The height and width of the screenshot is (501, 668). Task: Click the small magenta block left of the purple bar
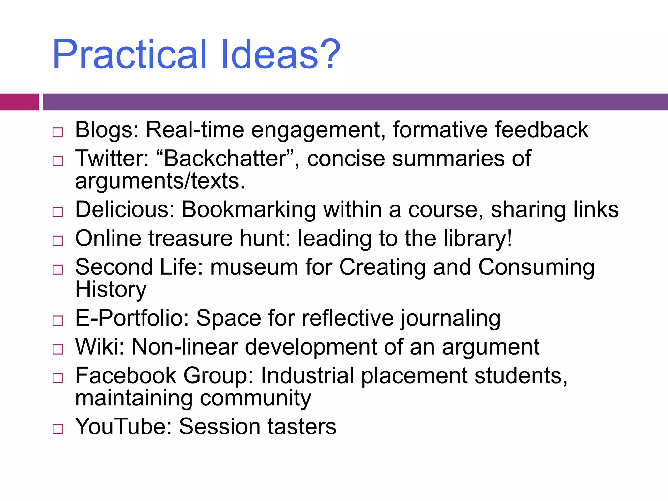click(x=19, y=102)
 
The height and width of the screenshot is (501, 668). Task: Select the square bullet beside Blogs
click(x=58, y=132)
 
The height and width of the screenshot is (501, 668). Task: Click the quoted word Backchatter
click(x=225, y=159)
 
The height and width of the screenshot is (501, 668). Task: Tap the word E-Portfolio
click(x=132, y=318)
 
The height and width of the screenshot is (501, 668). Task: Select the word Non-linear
click(x=184, y=347)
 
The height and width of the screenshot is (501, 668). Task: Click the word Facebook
click(x=126, y=376)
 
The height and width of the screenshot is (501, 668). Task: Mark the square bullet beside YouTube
click(x=58, y=429)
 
